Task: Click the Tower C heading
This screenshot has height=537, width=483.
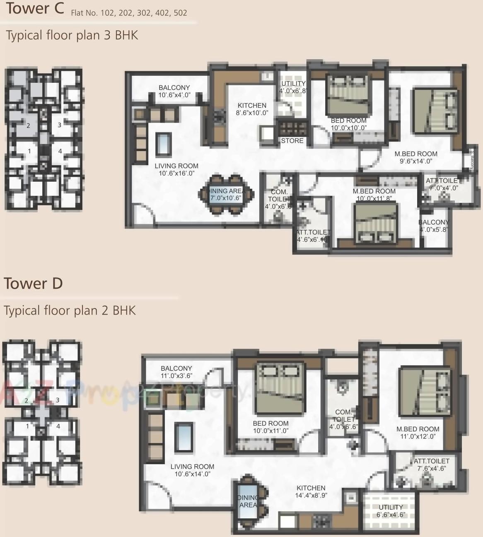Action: click(x=35, y=9)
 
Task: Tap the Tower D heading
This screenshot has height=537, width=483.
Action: click(x=33, y=284)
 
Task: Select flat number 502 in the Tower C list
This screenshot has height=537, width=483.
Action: click(x=180, y=13)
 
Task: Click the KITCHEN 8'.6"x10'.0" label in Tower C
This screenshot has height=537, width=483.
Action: click(x=251, y=109)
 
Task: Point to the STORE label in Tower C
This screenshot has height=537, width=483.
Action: click(x=292, y=141)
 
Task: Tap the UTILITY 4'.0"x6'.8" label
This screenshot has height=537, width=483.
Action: click(x=293, y=87)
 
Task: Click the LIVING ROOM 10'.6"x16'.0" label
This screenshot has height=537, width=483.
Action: click(x=176, y=169)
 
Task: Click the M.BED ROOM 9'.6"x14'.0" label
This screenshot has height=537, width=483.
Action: click(x=415, y=157)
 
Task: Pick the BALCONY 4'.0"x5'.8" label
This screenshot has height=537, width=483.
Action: click(x=433, y=226)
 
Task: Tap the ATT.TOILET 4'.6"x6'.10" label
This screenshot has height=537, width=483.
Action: click(x=313, y=236)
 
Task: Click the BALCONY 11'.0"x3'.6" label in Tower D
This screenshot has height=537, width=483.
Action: click(x=176, y=372)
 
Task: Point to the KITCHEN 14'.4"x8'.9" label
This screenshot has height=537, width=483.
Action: click(x=311, y=491)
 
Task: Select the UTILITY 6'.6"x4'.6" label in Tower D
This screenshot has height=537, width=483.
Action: click(x=391, y=511)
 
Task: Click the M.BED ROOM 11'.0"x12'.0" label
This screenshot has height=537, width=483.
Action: click(x=418, y=433)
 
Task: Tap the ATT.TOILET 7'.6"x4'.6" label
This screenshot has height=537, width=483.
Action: click(x=431, y=465)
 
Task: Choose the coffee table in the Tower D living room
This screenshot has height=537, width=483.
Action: click(x=184, y=437)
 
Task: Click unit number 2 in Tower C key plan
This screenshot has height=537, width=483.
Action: click(x=28, y=125)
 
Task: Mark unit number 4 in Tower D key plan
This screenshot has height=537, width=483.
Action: click(x=58, y=426)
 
